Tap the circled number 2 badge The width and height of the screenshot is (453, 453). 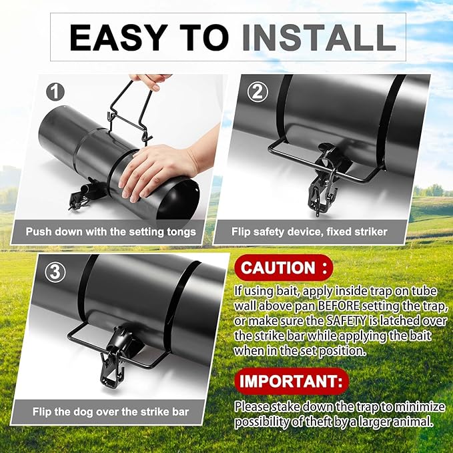point(256,92)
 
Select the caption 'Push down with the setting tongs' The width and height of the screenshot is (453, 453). point(111,232)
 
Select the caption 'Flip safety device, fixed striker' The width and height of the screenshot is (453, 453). point(309,232)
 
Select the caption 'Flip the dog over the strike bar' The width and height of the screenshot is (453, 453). point(111,412)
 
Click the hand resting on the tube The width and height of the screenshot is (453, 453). point(157,170)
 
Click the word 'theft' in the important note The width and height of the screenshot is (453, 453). point(322,421)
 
